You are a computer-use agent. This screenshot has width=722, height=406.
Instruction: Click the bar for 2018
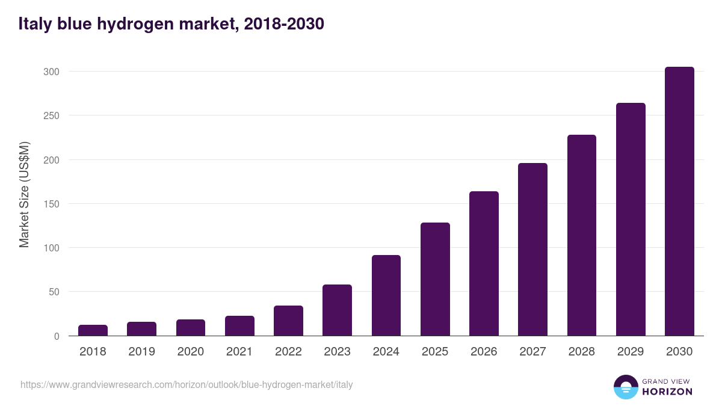coord(93,330)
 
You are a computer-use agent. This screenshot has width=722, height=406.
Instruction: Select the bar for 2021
coord(239,326)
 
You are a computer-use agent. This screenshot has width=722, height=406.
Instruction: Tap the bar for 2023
coord(337,310)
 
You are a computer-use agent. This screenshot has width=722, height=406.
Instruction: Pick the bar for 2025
coord(435,279)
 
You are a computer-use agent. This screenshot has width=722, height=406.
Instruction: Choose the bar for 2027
coord(532,250)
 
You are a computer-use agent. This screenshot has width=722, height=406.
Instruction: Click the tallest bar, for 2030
coord(679,201)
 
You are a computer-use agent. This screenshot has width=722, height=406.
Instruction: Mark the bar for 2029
coord(631,220)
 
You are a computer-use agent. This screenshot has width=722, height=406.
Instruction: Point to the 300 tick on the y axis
coord(52,72)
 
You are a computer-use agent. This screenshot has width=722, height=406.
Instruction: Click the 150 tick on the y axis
coord(52,204)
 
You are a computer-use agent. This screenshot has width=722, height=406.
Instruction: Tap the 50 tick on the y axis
coord(54,292)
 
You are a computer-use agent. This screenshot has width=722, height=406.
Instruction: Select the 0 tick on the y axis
coord(57,336)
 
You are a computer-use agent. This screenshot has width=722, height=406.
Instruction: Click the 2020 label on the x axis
coord(190,352)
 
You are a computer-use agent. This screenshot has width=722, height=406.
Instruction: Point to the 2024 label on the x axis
coord(386,352)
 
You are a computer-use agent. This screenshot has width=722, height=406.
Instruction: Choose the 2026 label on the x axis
coord(484,352)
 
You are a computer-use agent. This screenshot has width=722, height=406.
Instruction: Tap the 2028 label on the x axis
coord(581,352)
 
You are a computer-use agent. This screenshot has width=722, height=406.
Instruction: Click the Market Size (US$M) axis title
coord(24,194)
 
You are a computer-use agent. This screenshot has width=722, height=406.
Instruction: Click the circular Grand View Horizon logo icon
coord(626,387)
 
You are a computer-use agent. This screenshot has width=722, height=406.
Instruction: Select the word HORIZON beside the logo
coord(667,392)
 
